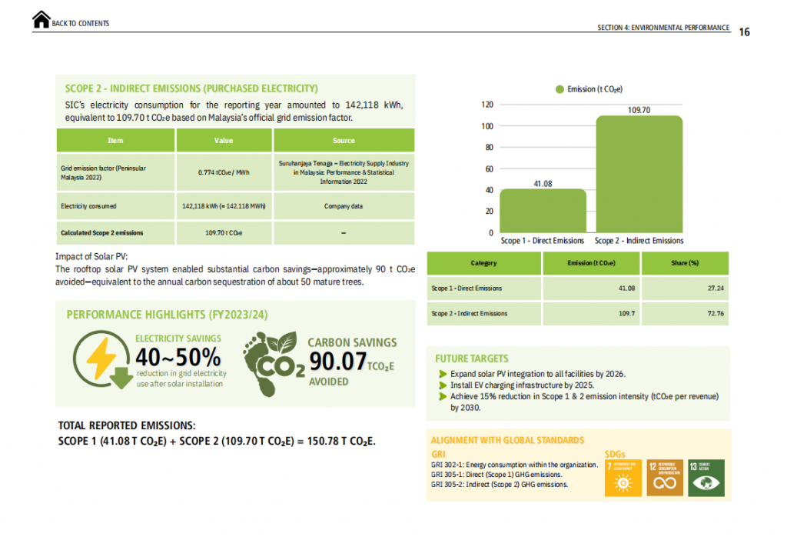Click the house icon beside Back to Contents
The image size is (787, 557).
click(42, 21)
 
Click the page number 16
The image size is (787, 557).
click(744, 32)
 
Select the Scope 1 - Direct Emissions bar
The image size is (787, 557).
click(543, 211)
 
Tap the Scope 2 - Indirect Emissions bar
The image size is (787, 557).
click(639, 174)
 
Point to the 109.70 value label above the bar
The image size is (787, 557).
click(639, 110)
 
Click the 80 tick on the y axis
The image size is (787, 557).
click(487, 147)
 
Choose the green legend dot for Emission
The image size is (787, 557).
click(560, 89)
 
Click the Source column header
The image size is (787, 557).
click(344, 141)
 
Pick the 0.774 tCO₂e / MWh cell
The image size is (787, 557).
click(224, 172)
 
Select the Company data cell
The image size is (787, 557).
click(344, 206)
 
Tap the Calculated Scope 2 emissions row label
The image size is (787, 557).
click(101, 232)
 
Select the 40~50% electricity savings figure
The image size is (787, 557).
click(178, 357)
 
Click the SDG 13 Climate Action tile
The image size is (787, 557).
click(706, 478)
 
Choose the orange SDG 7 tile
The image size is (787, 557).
click(623, 478)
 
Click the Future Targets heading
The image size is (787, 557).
click(472, 359)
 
